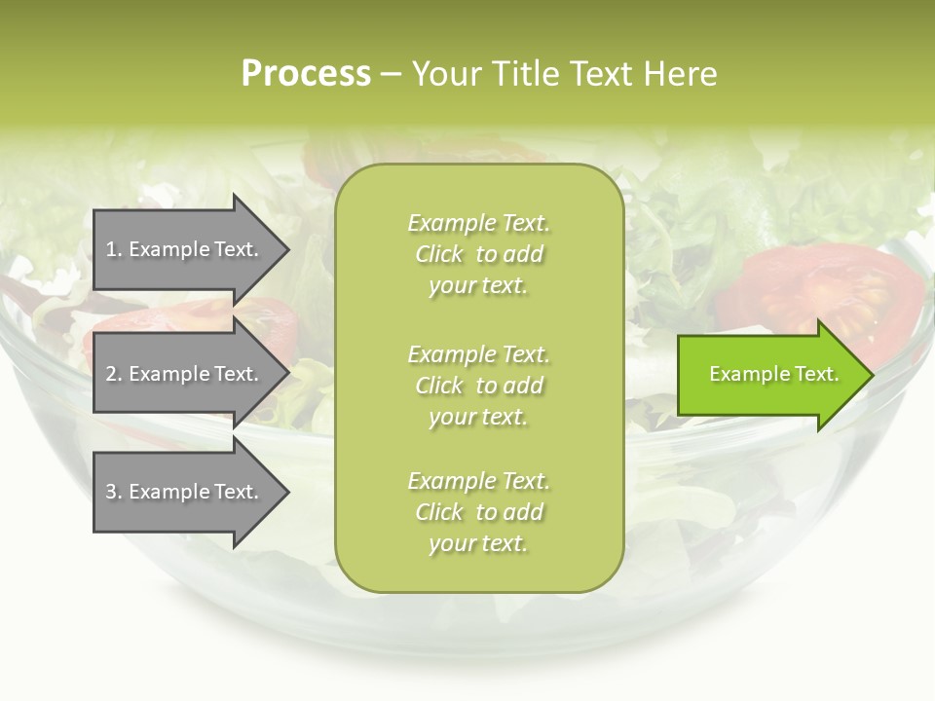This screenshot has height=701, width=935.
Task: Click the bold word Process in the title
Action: coord(306,74)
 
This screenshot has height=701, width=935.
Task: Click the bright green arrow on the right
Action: coord(769,374)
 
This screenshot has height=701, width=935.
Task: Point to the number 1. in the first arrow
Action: coord(113,249)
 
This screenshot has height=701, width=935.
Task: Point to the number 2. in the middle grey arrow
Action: coord(113,374)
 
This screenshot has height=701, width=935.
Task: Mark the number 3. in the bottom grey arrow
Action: coord(113,492)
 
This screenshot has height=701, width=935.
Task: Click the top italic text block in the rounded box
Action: coord(478,254)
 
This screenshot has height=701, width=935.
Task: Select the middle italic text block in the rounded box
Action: coord(478,386)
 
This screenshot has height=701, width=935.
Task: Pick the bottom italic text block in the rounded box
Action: coord(478,512)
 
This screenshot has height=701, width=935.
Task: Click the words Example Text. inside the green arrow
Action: coord(774,374)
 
